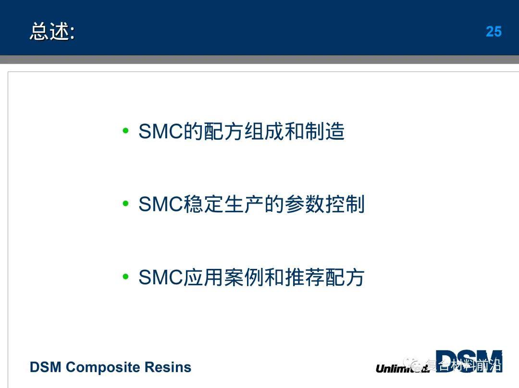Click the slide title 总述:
click(52, 32)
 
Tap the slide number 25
click(494, 32)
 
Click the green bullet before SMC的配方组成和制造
click(126, 131)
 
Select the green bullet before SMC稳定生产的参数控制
click(126, 204)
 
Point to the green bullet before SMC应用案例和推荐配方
click(126, 277)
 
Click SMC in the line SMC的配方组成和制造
click(161, 132)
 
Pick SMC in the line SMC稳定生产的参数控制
click(161, 205)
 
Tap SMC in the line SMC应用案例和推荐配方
click(161, 278)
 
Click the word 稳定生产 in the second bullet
click(224, 205)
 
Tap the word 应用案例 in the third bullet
click(224, 278)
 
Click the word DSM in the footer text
click(46, 367)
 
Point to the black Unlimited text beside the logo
click(395, 369)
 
